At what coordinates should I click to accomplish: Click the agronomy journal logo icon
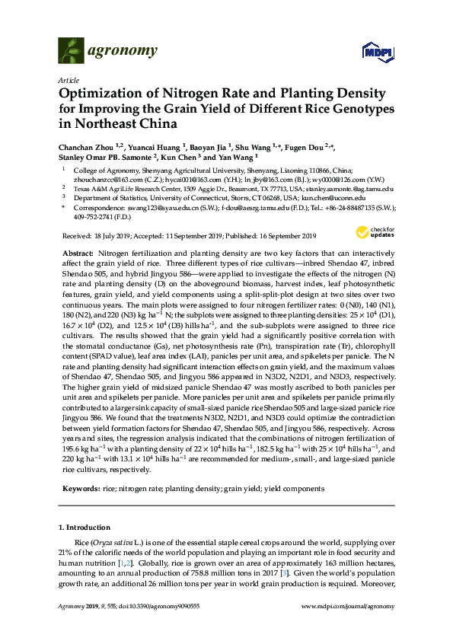point(72,51)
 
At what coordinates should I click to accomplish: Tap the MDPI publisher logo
point(378,52)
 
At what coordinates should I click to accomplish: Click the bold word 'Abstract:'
point(79,251)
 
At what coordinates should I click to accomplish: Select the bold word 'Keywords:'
point(81,488)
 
